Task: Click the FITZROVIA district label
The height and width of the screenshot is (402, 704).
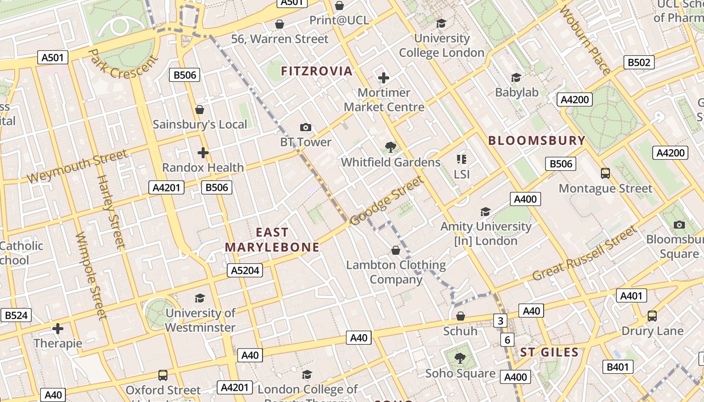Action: click(x=316, y=71)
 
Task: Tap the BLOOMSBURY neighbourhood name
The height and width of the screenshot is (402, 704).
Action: click(x=537, y=141)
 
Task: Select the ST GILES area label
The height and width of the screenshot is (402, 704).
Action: click(x=549, y=352)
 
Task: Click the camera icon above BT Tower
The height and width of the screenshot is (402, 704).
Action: click(x=305, y=128)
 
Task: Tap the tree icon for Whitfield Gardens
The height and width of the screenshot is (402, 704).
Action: click(x=390, y=147)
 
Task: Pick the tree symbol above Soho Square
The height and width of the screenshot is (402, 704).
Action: click(x=460, y=358)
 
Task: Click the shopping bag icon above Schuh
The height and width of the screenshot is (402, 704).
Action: click(x=460, y=316)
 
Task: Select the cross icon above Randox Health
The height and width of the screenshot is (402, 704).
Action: click(x=203, y=153)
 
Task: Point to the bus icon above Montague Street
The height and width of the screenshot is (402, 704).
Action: click(x=605, y=173)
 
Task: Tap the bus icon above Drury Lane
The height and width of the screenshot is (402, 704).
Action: click(x=652, y=316)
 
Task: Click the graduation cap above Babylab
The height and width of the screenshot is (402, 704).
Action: click(x=516, y=77)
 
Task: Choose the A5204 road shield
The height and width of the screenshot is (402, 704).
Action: click(x=244, y=270)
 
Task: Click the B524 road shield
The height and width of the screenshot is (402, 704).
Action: click(x=16, y=316)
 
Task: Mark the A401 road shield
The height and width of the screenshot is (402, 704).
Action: click(x=631, y=295)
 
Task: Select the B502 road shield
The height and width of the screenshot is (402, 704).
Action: click(x=639, y=62)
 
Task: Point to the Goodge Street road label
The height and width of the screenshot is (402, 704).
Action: click(x=387, y=201)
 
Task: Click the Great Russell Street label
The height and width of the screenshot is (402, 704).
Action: click(x=584, y=254)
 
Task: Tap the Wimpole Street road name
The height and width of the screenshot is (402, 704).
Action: click(x=91, y=275)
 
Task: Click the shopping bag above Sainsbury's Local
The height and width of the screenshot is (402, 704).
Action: click(x=200, y=110)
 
